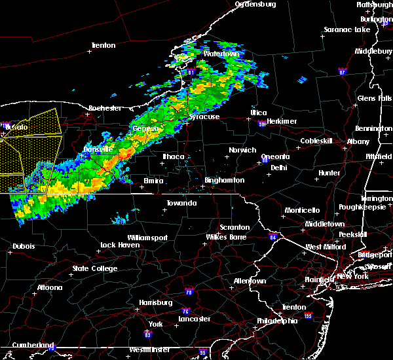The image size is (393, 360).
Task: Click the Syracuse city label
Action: click(x=204, y=117)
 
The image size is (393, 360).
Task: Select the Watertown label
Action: click(x=219, y=53)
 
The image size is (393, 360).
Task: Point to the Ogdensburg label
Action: click(x=255, y=4)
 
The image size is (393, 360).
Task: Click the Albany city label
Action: click(x=358, y=141)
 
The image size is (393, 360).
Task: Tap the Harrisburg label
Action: click(x=156, y=302)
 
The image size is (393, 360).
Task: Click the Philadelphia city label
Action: click(x=280, y=321)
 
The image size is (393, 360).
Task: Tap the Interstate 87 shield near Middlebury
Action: click(x=341, y=71)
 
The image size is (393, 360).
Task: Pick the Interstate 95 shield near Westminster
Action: click(x=203, y=353)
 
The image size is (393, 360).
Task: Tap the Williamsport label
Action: click(x=147, y=238)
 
